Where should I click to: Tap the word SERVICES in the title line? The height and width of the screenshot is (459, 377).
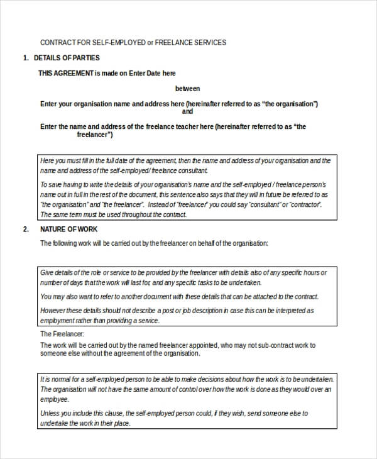(x=209, y=43)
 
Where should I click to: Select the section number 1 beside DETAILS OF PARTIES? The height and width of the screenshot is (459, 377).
(x=25, y=58)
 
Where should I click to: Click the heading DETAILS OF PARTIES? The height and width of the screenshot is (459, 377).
(x=67, y=58)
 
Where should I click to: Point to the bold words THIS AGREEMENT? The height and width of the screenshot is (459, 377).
(x=66, y=73)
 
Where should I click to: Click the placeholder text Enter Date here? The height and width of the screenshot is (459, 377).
(x=152, y=73)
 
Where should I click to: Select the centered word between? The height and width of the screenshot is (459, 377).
(x=187, y=89)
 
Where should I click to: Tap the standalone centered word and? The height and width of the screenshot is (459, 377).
(x=187, y=111)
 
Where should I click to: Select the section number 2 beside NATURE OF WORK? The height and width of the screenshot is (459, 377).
(x=25, y=229)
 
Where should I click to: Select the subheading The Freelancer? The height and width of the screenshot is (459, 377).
(x=62, y=334)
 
